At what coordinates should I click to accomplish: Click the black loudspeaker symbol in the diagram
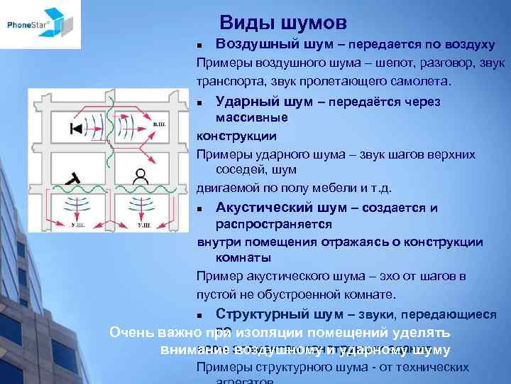click(76, 129)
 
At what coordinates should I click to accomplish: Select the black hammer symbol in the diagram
click(72, 178)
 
